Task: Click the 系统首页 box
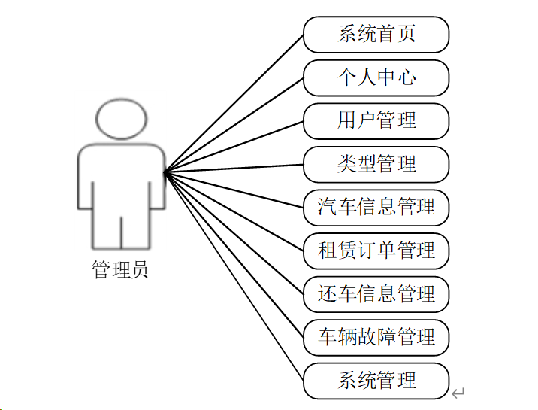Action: click(376, 35)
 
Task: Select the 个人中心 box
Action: click(376, 77)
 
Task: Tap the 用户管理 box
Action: click(376, 120)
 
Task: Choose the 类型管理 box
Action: click(376, 164)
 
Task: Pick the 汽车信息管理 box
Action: click(376, 207)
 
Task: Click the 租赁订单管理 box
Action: click(376, 250)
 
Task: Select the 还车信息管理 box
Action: click(376, 293)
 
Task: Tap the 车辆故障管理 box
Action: click(376, 336)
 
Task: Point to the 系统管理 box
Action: click(376, 380)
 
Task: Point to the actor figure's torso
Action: click(121, 177)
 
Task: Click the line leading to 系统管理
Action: click(234, 276)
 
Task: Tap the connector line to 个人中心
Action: click(234, 125)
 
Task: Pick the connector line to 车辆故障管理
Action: click(234, 254)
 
